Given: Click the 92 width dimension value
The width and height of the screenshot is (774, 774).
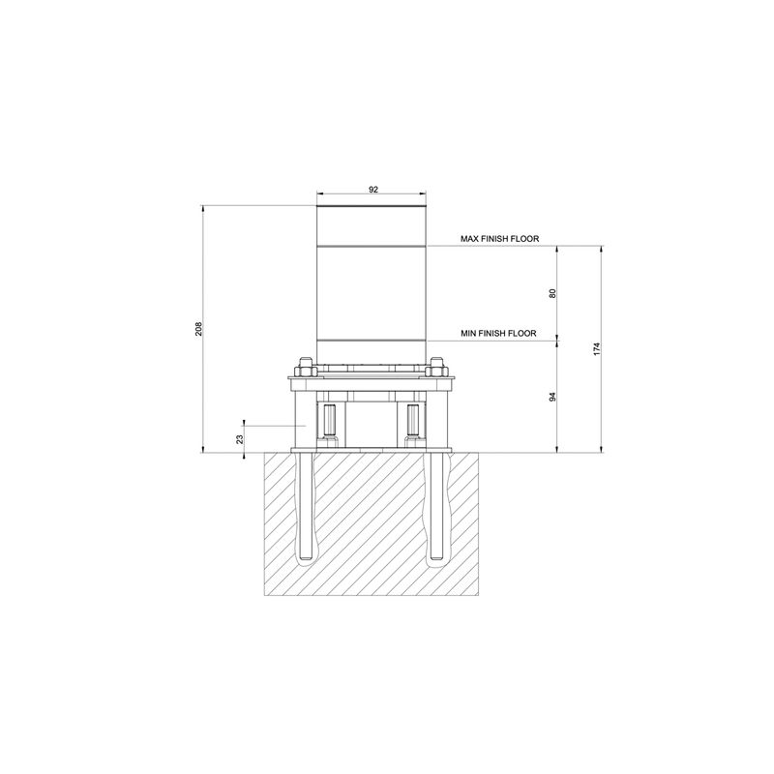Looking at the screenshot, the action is pyautogui.click(x=373, y=189).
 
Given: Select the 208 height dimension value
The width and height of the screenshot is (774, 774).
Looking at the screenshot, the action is pyautogui.click(x=198, y=329).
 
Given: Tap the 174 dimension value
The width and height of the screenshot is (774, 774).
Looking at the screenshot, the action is pyautogui.click(x=597, y=348).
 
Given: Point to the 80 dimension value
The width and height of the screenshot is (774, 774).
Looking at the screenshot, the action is pyautogui.click(x=552, y=293).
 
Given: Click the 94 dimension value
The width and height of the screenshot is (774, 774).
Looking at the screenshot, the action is pyautogui.click(x=552, y=397).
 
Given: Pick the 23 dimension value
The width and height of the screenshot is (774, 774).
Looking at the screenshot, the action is pyautogui.click(x=240, y=439).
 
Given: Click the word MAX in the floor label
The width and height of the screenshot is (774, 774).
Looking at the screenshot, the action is pyautogui.click(x=468, y=239).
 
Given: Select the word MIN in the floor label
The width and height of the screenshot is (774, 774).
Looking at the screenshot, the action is pyautogui.click(x=468, y=334).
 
